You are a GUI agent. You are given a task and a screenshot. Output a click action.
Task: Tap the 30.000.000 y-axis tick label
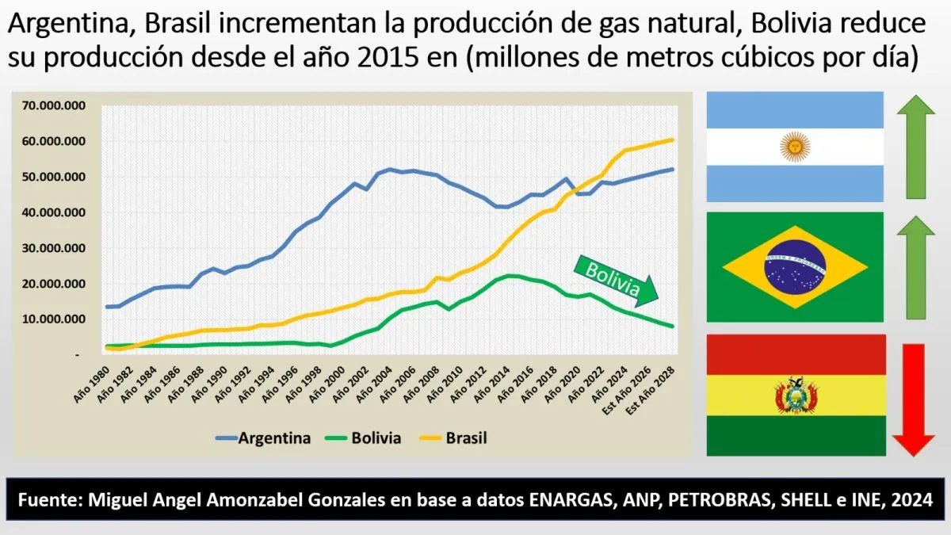pyautogui.click(x=55, y=248)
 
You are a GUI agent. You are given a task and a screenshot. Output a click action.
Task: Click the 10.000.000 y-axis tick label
pyautogui.click(x=55, y=319)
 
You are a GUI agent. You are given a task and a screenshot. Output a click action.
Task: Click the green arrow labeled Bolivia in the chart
pyautogui.click(x=613, y=280)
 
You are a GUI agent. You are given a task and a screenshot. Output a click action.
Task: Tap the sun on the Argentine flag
pyautogui.click(x=794, y=147)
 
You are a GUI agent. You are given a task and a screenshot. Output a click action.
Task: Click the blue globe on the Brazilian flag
pyautogui.click(x=794, y=266)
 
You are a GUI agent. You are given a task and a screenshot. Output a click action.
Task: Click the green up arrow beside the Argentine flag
pyautogui.click(x=916, y=146)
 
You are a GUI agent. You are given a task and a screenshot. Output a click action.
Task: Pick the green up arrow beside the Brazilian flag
pyautogui.click(x=916, y=267)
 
